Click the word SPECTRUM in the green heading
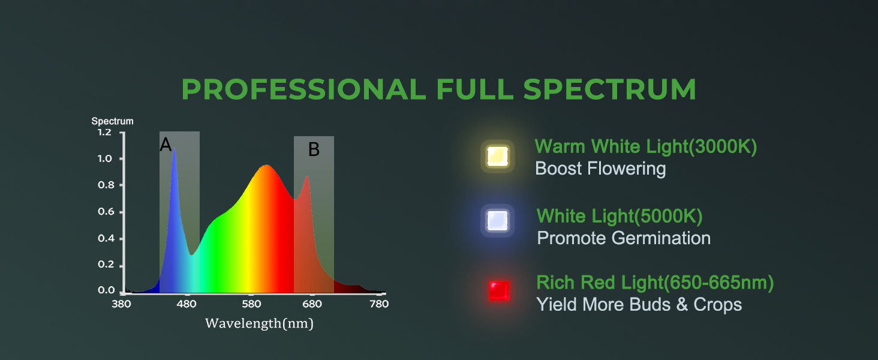(x=609, y=89)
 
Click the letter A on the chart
(x=166, y=145)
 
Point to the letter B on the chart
(x=314, y=149)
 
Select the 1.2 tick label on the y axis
(x=105, y=132)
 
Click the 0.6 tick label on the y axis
(x=106, y=212)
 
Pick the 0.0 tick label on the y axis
(x=106, y=290)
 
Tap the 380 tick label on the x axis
(x=122, y=304)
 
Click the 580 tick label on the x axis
(x=251, y=304)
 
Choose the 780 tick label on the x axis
(x=379, y=304)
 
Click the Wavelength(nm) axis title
(x=259, y=323)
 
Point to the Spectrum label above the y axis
(x=113, y=121)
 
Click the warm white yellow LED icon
(x=497, y=157)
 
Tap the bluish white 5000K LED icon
(x=497, y=221)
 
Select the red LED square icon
(x=500, y=290)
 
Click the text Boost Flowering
(x=600, y=169)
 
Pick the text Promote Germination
(x=624, y=238)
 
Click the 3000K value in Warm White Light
(x=723, y=146)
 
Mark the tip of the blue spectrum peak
(x=174, y=148)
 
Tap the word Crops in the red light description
(x=718, y=305)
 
